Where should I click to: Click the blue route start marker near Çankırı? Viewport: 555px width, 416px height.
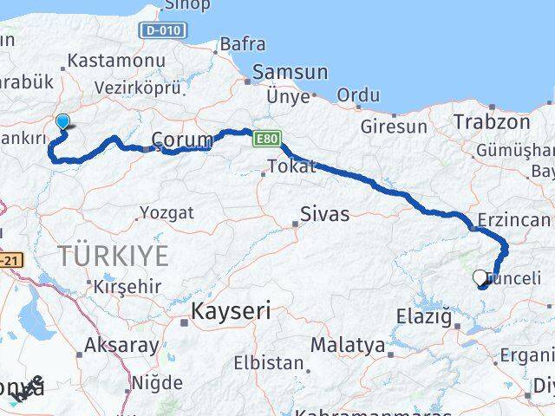coord(62,123)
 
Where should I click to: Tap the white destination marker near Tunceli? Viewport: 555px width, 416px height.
coord(480,278)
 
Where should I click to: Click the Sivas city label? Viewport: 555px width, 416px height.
coord(325,213)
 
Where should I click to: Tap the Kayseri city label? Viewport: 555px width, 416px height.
coord(232,310)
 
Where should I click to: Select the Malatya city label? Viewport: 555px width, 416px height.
coord(347,345)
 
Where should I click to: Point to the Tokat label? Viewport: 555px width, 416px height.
coord(292,166)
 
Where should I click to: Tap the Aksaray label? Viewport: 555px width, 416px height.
coord(121,345)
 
